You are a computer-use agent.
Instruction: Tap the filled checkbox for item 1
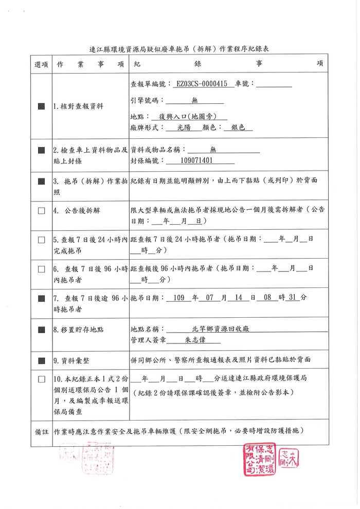[41, 106]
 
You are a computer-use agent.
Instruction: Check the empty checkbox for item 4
[41, 210]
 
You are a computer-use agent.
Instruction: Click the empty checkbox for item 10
[41, 379]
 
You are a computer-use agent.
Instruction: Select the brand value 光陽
[183, 128]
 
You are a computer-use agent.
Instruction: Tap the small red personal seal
[289, 455]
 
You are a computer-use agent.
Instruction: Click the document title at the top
[179, 49]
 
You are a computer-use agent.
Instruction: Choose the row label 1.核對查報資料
[78, 106]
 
